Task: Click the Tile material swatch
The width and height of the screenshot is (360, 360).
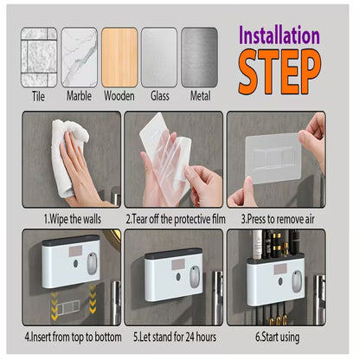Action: [x=39, y=56]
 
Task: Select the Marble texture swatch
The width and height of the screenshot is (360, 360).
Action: [x=80, y=56]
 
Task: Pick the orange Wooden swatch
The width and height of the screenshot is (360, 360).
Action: [x=119, y=56]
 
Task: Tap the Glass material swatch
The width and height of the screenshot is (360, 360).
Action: [x=159, y=56]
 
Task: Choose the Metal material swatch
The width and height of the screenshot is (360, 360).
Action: [x=199, y=56]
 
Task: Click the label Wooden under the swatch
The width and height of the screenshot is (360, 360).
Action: [x=119, y=96]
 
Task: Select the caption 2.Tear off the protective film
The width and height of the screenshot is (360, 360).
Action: [x=175, y=219]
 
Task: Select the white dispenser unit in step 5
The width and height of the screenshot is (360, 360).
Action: [x=172, y=272]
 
